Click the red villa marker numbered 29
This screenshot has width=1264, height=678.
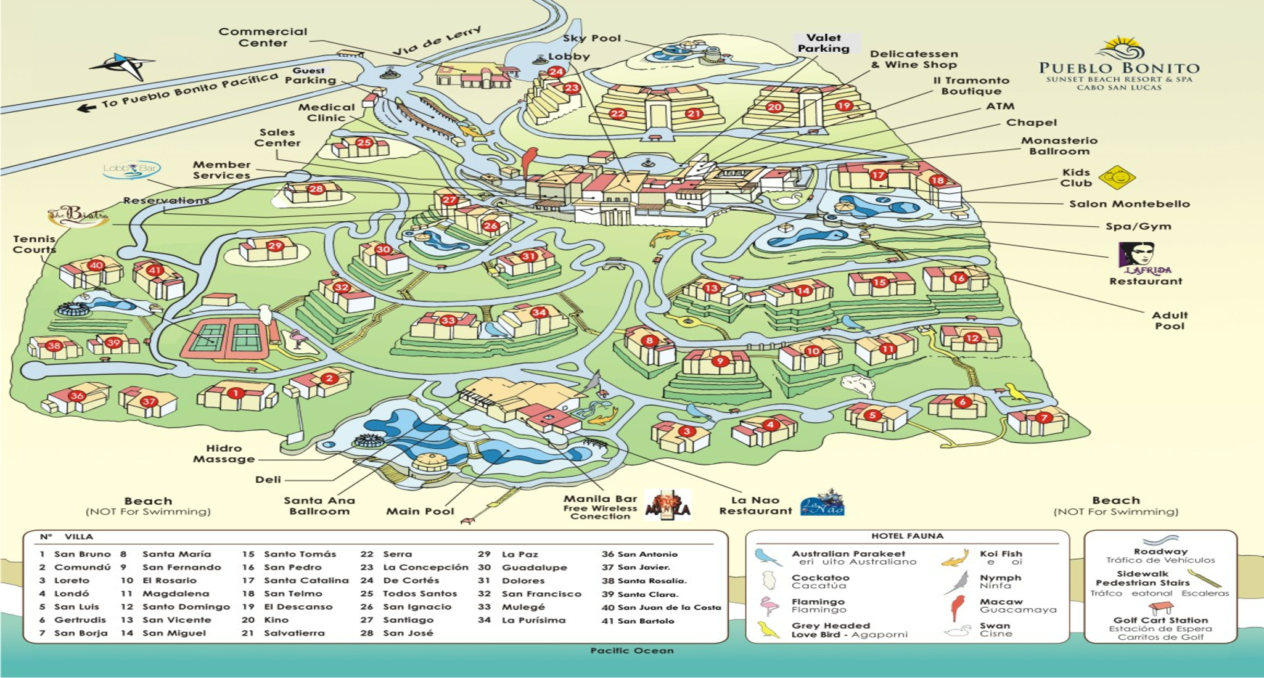274,246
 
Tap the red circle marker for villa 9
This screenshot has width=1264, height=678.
720,361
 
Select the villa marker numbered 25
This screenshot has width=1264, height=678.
364,143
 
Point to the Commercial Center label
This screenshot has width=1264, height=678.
263,37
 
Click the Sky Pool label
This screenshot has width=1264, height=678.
591,38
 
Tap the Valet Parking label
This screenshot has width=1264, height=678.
823,43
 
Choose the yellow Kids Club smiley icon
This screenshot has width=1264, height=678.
1116,178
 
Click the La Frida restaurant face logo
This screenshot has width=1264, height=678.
1136,255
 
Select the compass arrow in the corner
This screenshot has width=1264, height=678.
123,65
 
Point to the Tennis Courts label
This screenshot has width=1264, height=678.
34,244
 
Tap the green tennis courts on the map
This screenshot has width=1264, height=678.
226,337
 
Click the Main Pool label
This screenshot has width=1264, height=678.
420,511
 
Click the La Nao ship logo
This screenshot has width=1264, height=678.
823,504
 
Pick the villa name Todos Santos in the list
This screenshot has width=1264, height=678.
419,594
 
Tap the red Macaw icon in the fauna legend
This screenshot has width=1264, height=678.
957,607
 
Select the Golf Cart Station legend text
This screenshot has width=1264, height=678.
1160,620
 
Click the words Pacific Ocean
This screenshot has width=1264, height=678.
631,650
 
